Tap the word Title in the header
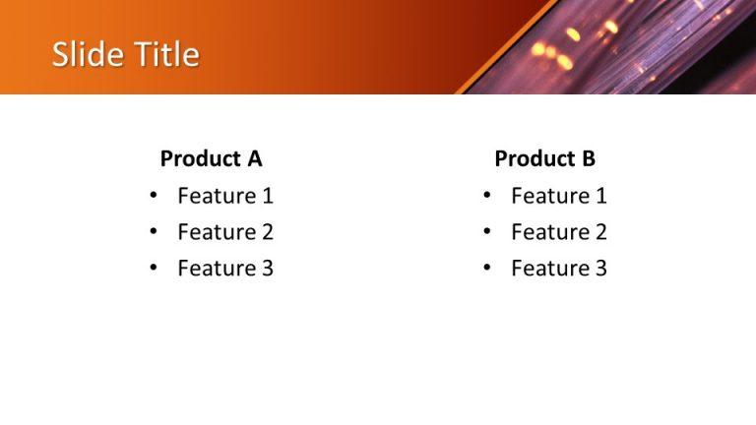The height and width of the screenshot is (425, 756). pos(166,54)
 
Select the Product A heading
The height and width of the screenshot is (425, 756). pos(211,158)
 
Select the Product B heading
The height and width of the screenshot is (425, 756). pos(544,158)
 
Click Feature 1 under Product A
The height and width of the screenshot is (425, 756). pos(224,196)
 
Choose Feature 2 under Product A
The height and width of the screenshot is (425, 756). pos(224,232)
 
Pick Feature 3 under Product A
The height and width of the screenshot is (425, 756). pos(224,268)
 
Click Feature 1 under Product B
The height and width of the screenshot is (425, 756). pos(558,196)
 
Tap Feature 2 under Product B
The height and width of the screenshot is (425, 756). pos(558,232)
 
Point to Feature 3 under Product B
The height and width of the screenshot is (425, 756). pos(558,268)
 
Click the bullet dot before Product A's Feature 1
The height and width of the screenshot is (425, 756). pos(153,196)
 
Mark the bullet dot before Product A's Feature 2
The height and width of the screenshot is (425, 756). pos(153,232)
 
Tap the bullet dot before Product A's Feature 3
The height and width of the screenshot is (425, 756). pos(153,268)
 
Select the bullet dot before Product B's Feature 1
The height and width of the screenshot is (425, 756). pos(486,196)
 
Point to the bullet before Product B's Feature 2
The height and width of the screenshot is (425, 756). pos(486,232)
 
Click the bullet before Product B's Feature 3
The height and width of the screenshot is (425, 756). pos(486,268)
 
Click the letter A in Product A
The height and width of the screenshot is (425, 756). pos(254,158)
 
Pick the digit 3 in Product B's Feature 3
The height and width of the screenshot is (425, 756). pos(600,268)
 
